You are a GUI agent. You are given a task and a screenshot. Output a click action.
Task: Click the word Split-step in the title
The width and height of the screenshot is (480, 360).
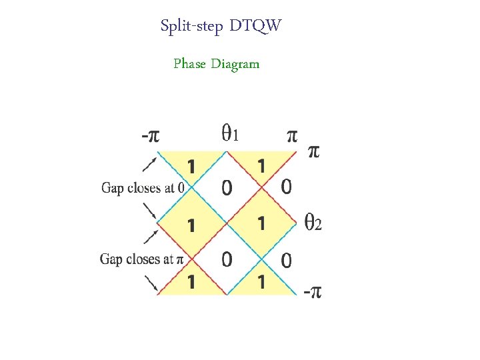click(191, 27)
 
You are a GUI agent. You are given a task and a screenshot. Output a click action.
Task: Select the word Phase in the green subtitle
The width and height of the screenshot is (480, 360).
click(189, 64)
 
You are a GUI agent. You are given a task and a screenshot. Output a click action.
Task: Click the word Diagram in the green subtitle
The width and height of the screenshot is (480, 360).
click(235, 64)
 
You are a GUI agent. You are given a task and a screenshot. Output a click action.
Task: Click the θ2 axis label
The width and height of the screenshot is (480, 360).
click(313, 221)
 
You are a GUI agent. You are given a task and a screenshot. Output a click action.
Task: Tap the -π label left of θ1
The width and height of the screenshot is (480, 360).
click(150, 136)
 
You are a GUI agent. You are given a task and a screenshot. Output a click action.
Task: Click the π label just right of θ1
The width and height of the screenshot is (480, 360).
click(291, 136)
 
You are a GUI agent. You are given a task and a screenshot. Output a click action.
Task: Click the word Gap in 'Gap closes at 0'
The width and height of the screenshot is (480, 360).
click(111, 188)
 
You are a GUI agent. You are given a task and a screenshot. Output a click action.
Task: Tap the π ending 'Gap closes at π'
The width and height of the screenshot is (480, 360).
click(180, 259)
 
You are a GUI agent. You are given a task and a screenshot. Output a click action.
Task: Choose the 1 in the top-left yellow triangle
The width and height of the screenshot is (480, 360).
click(191, 166)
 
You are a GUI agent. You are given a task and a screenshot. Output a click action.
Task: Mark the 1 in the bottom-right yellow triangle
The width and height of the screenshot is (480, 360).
click(261, 282)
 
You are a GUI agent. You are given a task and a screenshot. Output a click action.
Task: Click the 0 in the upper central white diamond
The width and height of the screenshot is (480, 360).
click(227, 189)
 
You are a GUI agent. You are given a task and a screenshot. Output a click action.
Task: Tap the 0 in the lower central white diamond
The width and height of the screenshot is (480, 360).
click(227, 260)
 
